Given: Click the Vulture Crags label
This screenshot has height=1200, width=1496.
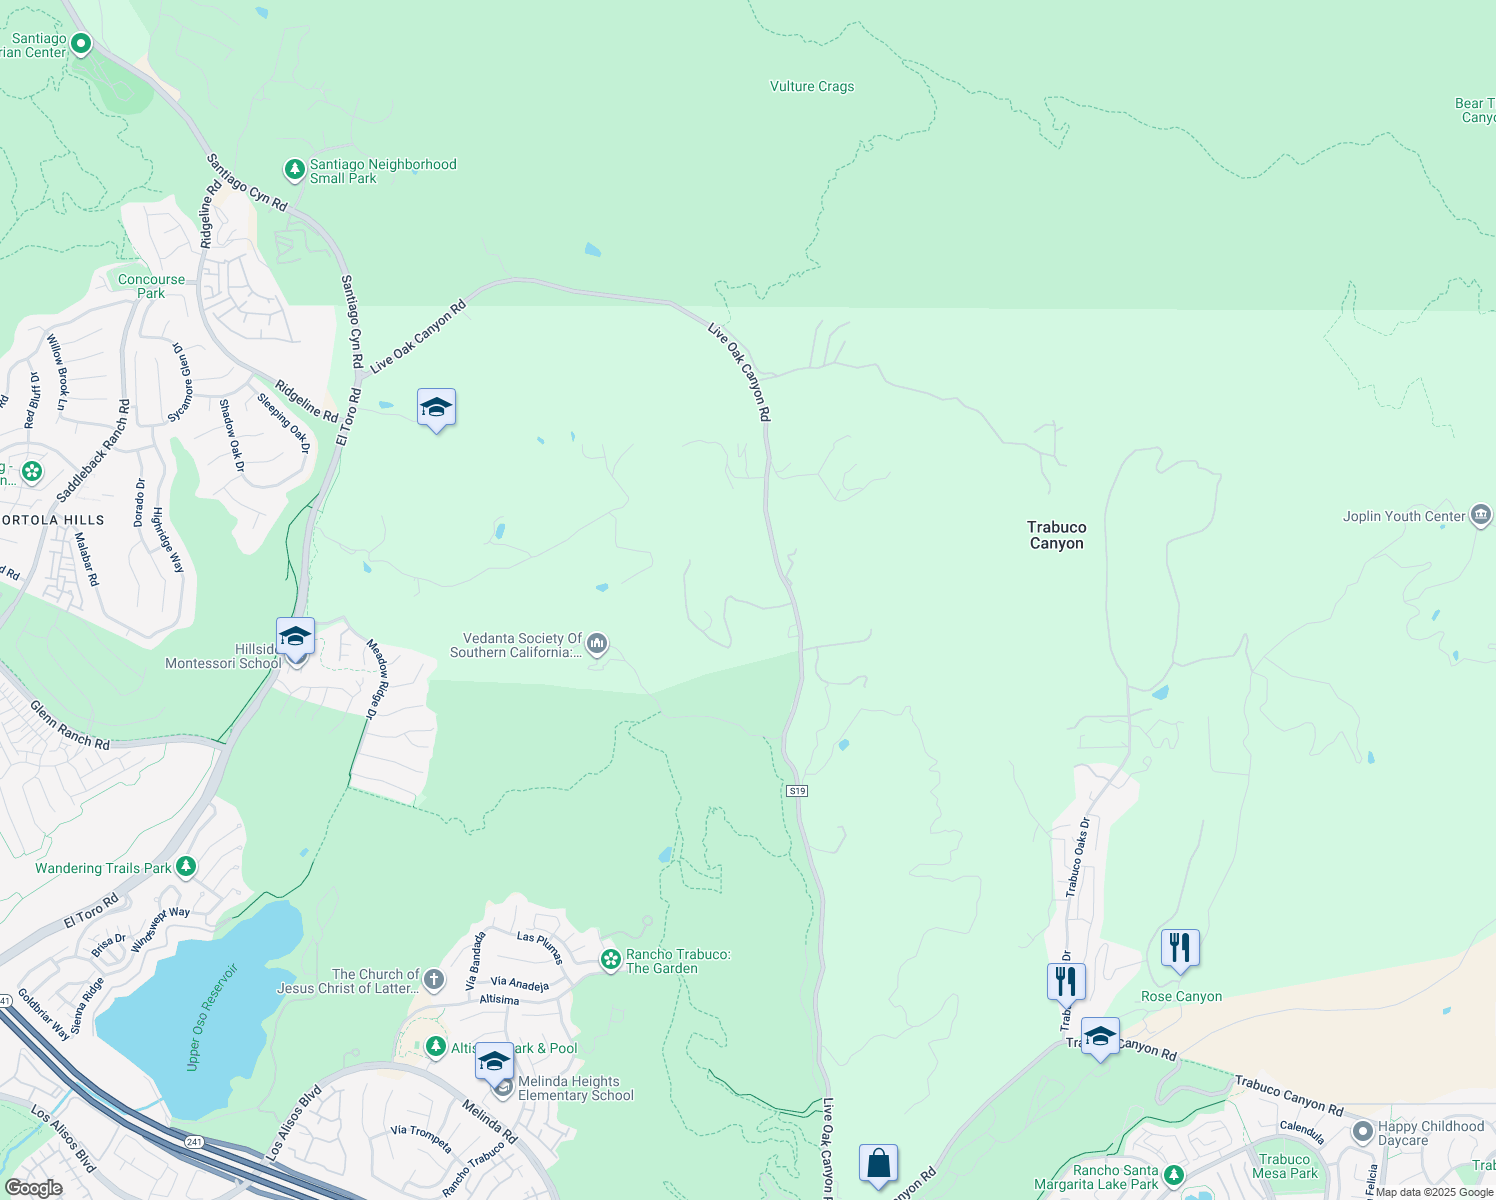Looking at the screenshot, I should [x=812, y=87].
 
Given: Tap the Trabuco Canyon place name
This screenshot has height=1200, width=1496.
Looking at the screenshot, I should [x=1056, y=535].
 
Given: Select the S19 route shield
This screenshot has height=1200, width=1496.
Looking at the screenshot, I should [x=797, y=791].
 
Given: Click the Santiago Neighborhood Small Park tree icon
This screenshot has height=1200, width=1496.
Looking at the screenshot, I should [x=294, y=170].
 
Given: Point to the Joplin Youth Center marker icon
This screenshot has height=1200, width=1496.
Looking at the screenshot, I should [x=1481, y=516].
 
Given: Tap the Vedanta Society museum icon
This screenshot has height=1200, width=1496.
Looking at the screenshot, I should [x=597, y=645].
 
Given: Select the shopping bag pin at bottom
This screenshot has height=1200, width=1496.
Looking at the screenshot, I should [x=878, y=1164].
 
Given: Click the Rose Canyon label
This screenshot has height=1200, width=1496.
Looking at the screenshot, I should [x=1181, y=997].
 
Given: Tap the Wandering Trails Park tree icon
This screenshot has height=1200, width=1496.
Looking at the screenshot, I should [x=186, y=867].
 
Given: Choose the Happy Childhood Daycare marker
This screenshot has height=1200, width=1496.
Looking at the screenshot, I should [x=1362, y=1132].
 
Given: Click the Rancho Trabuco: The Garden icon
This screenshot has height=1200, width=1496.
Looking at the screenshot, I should [x=610, y=960].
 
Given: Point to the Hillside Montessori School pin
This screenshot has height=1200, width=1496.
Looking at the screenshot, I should [x=296, y=637].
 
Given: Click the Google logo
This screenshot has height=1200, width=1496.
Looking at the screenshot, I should [x=33, y=1188].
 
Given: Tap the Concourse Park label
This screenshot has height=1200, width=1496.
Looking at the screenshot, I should [x=151, y=286].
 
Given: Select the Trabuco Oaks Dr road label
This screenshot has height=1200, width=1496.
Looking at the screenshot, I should [x=1078, y=857].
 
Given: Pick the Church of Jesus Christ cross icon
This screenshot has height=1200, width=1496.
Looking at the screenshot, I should [x=433, y=979].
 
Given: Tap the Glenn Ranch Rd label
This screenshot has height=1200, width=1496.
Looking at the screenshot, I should [x=69, y=725].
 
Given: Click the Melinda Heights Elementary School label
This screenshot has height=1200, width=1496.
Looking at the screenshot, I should [x=575, y=1088].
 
